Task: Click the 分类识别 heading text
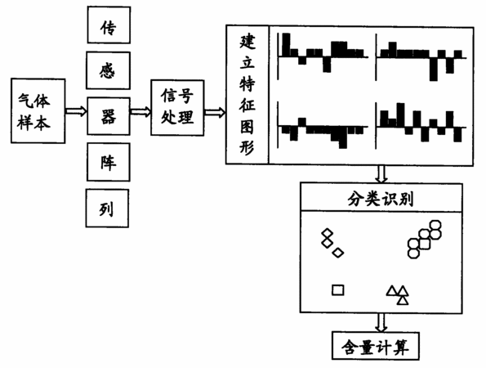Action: (381, 198)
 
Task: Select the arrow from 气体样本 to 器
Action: (76, 110)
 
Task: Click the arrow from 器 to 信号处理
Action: (140, 111)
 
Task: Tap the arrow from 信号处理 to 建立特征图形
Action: (215, 112)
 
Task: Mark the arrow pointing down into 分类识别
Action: (381, 174)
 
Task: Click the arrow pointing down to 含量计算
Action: (381, 323)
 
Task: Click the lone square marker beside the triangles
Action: (338, 290)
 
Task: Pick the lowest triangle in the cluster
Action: (403, 300)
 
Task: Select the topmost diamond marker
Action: (328, 233)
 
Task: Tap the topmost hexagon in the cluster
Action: (435, 225)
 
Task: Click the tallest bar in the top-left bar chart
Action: (286, 45)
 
